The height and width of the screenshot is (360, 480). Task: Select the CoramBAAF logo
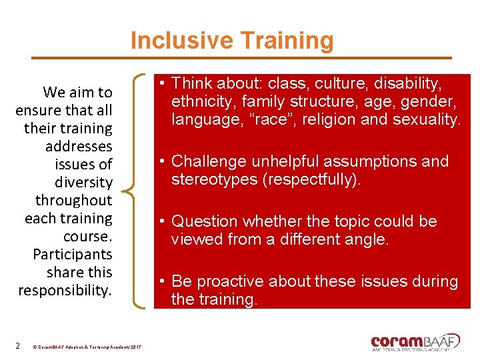415,341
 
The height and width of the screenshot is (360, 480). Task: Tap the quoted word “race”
261,120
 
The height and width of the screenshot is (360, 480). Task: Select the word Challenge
208,161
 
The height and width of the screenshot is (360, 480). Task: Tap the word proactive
231,281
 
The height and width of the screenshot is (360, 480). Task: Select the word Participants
72,254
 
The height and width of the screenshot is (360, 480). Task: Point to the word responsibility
65,290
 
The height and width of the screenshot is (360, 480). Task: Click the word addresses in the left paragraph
79,146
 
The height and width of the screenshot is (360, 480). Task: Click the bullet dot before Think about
162,84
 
